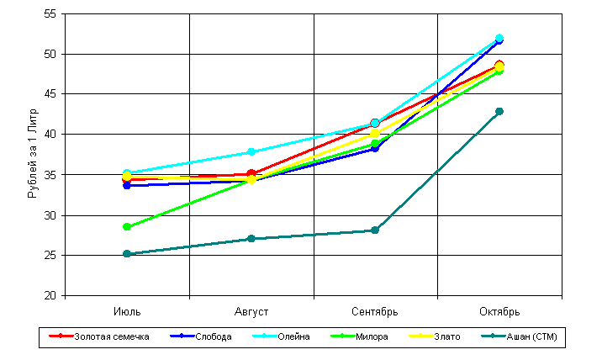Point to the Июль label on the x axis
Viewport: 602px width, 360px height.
coord(127,311)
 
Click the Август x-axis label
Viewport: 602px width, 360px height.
coord(251,311)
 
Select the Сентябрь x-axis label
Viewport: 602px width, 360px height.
coord(375,311)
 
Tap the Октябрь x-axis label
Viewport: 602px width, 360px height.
coord(499,311)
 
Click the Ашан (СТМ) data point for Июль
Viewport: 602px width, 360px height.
coord(127,254)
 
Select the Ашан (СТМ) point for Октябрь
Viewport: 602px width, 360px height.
coord(499,111)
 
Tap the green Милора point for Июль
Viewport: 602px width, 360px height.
coord(127,227)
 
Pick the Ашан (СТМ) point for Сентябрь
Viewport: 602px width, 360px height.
coord(375,230)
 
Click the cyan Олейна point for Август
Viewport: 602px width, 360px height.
coord(251,152)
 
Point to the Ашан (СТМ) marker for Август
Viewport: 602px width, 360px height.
coord(251,239)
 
